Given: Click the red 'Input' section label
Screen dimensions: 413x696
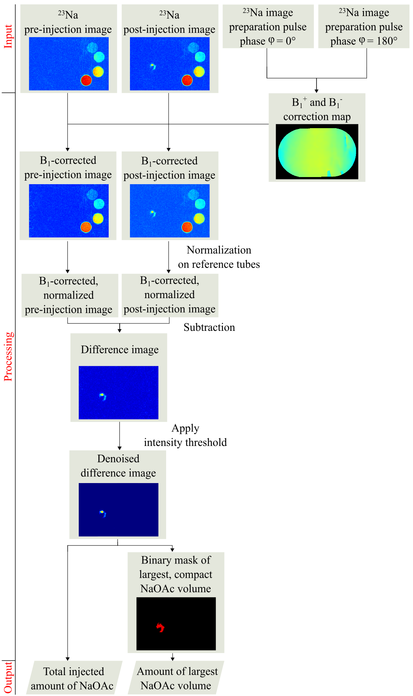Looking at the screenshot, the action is pos(8,36).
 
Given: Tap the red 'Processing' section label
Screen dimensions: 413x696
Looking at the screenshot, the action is pos(8,356).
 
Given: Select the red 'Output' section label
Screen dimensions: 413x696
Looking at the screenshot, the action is pos(8,677).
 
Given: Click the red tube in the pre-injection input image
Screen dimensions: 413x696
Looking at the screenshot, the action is pos(86,80).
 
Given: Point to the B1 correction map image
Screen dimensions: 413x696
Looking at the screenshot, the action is pos(317,152).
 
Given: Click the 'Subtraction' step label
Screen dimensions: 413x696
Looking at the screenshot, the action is pos(209,327).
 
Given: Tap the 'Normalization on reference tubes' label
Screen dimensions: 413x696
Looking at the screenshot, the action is pos(219,257).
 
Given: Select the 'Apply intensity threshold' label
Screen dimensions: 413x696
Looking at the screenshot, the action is pos(185,435).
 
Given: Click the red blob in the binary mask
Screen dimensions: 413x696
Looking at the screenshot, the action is pos(160,627).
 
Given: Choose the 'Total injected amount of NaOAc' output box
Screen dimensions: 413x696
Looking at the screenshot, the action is pos(73,678).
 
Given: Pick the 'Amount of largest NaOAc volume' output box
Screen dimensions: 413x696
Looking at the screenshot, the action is pos(176,678).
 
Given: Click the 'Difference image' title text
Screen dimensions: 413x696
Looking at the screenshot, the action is pos(120,350).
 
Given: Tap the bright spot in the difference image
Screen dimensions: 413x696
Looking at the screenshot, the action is pos(102,395).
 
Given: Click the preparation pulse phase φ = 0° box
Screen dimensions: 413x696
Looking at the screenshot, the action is pos(268,27).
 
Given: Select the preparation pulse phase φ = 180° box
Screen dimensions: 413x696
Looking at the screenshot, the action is pos(364,27).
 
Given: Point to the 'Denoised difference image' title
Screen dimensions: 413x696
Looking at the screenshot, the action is pos(118,466).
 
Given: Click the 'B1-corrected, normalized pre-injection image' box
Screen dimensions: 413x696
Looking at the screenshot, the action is pos(69,295).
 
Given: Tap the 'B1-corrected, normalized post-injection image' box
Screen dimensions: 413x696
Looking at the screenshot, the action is pos(170,295).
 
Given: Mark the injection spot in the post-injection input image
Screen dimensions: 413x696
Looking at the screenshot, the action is pos(153,66).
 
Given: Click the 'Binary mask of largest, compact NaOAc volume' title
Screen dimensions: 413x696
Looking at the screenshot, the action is pos(176,574).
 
